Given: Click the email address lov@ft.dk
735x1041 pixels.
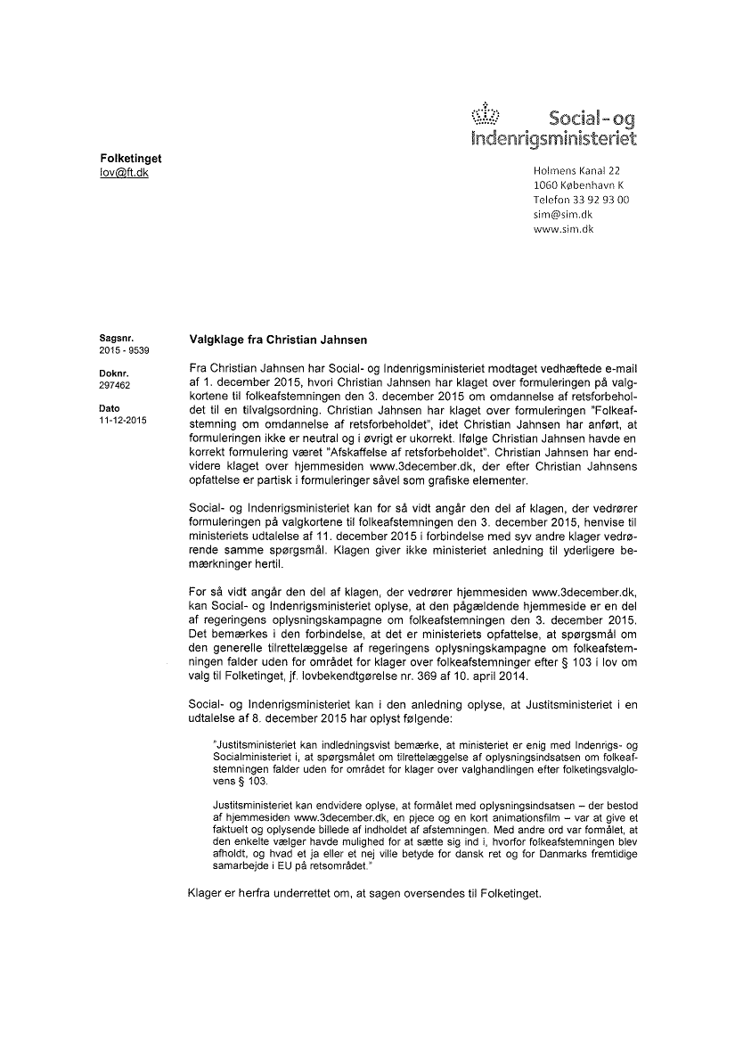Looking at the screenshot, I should point(124,172).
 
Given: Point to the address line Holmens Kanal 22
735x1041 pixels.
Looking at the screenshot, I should point(576,170).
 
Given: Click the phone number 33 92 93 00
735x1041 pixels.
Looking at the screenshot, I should point(600,200).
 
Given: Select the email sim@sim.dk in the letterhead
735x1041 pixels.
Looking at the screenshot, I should point(562,214).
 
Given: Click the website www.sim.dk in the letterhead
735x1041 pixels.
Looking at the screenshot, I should point(563,229).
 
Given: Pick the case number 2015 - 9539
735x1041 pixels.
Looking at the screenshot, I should point(125,351).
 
